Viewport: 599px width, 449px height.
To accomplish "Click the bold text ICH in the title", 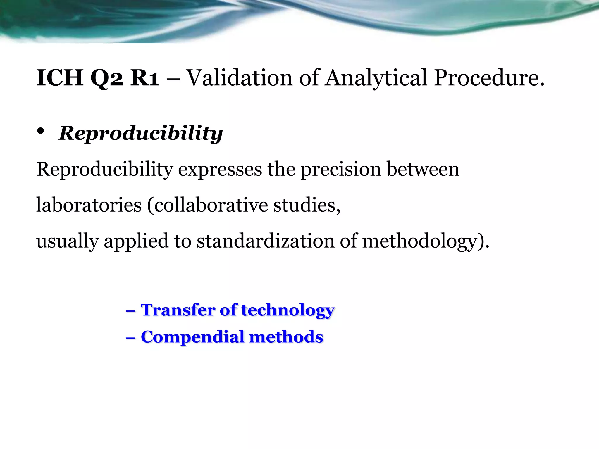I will [x=60, y=78].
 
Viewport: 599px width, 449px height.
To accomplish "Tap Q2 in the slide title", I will [x=106, y=78].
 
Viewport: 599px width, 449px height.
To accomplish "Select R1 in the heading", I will [x=144, y=78].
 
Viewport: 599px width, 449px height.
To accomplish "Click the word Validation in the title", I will [x=239, y=78].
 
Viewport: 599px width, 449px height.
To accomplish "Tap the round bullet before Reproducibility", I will [x=41, y=131].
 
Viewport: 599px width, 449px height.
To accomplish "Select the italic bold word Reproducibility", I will [x=141, y=133].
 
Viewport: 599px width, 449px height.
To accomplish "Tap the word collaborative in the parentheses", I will [x=211, y=205].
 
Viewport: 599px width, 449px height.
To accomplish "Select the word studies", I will [x=307, y=205].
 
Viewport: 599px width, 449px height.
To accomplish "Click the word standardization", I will [x=265, y=241].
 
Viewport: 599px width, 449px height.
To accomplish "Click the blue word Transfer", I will [x=178, y=310].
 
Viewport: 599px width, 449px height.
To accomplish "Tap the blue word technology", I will [x=288, y=310].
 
